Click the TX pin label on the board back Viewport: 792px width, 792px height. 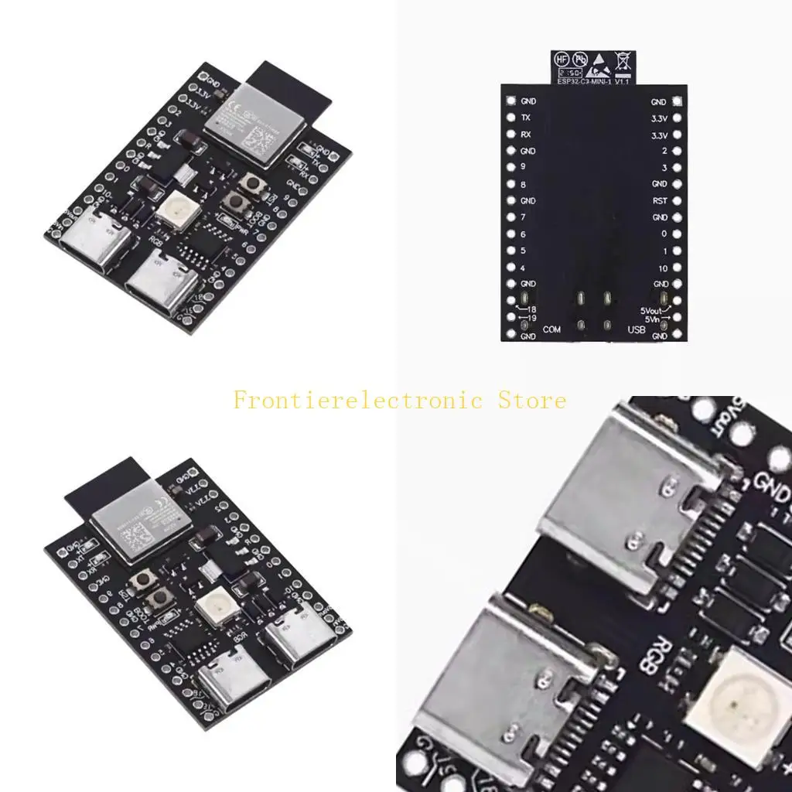coord(526,118)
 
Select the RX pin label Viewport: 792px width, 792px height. coord(526,135)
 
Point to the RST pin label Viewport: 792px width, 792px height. coord(659,201)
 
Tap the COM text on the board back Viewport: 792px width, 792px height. coord(551,330)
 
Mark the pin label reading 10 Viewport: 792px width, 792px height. coord(662,268)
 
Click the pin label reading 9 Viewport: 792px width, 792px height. coord(524,168)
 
